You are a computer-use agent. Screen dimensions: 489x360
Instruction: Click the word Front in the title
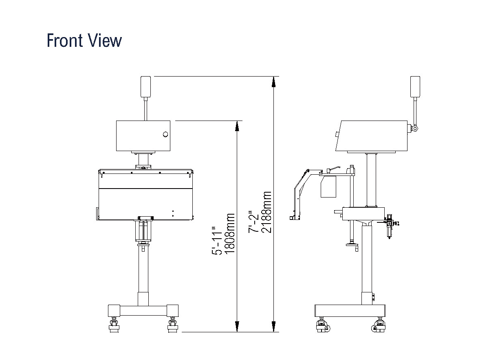(x=65, y=40)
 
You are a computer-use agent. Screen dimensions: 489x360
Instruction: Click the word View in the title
(x=105, y=40)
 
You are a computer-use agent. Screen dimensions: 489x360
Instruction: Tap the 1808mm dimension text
(x=230, y=234)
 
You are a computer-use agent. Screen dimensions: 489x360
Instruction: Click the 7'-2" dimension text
(x=253, y=222)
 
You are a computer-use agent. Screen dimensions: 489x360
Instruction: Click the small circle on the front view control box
(x=165, y=134)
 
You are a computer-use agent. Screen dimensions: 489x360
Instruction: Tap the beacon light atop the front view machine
(x=145, y=87)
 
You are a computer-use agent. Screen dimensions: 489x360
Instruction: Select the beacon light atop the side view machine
(x=415, y=87)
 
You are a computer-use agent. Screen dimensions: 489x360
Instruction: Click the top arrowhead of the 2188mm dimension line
(x=273, y=82)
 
